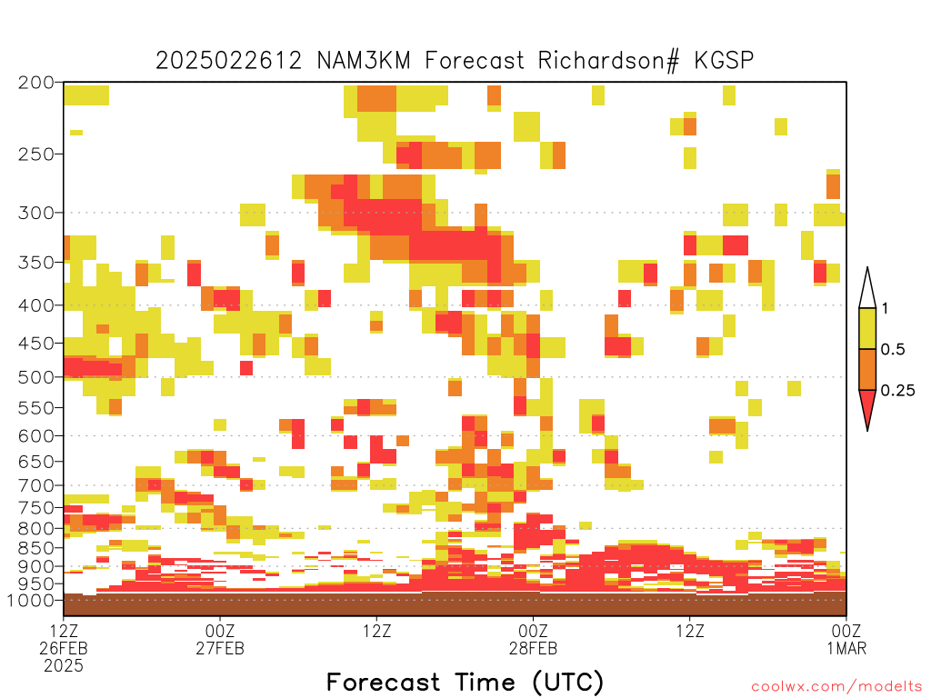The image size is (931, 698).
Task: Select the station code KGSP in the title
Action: (724, 61)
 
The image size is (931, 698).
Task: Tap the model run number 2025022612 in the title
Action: (228, 61)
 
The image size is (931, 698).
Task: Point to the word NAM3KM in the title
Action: (364, 61)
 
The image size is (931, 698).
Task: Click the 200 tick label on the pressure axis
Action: (36, 83)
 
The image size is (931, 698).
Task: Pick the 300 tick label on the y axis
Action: (36, 213)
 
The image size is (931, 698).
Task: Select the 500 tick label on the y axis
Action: (36, 377)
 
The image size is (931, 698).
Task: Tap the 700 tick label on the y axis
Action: (36, 485)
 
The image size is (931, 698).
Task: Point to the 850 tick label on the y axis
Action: (36, 547)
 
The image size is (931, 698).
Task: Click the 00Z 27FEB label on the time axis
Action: (220, 639)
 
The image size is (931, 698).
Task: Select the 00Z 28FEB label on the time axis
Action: (533, 639)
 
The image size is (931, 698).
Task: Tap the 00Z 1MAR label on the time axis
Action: (846, 639)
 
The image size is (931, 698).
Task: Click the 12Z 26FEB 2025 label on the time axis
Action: (64, 648)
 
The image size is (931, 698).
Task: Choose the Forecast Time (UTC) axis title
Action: (465, 683)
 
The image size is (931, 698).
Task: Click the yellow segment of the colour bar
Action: (867, 328)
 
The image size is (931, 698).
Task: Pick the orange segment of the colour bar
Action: (867, 369)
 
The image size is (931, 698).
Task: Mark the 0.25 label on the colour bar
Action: (897, 390)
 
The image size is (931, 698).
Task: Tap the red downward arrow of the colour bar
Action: (867, 408)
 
